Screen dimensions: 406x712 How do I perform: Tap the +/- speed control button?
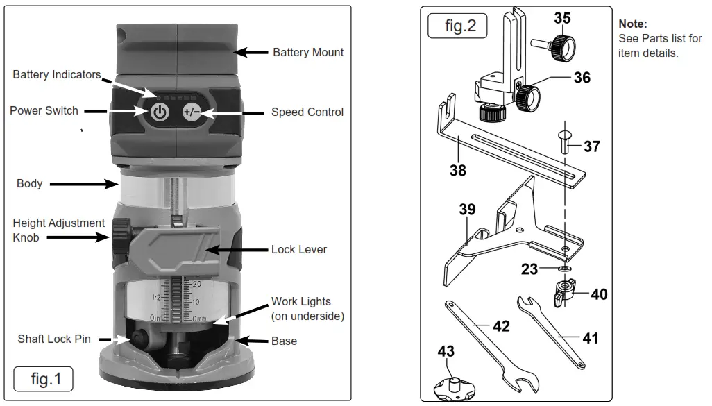point(192,112)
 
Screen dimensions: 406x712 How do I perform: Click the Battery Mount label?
point(307,52)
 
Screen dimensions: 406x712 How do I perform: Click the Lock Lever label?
point(298,249)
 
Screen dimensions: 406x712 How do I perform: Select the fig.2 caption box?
point(461,26)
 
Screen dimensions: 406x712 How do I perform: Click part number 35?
point(562,18)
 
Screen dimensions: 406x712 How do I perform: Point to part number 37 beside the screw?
point(592,146)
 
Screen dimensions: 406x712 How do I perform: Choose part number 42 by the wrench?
point(501,325)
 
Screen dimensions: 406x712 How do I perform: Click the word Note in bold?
point(632,24)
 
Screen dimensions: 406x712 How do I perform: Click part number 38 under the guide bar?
point(457,169)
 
